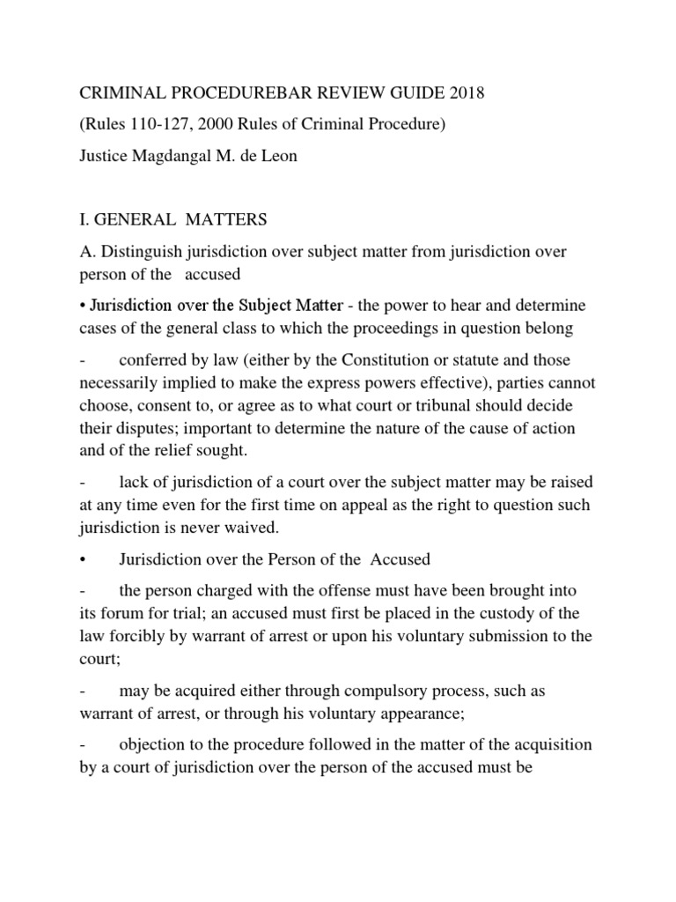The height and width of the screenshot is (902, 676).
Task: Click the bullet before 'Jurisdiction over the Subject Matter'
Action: click(84, 306)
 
